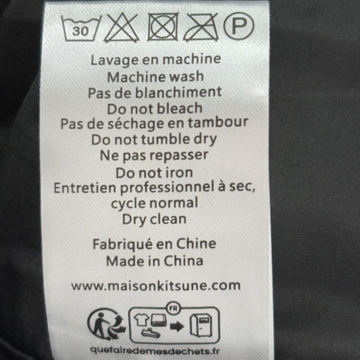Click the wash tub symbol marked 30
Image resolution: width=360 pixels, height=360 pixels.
(x=81, y=28)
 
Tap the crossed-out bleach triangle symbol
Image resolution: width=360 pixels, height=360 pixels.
(x=121, y=28)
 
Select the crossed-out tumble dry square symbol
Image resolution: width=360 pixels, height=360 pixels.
(x=163, y=27)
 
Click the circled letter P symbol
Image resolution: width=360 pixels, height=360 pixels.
(x=239, y=26)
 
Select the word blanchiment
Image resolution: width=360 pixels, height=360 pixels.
(x=178, y=92)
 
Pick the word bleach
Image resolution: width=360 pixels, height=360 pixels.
(x=180, y=108)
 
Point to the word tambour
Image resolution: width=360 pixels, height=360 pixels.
(x=218, y=122)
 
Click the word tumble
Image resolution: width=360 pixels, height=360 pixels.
(x=164, y=139)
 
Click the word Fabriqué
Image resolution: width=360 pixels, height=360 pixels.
(x=122, y=244)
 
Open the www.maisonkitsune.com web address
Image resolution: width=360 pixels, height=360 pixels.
(x=156, y=286)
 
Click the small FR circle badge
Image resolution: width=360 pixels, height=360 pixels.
(x=173, y=308)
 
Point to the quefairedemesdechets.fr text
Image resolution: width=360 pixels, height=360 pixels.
(x=155, y=351)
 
